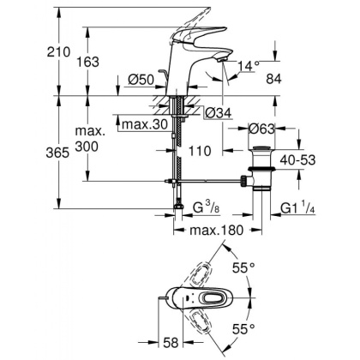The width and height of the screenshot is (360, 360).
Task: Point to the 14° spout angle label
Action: click(x=248, y=64)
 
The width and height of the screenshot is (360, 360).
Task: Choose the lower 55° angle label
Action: click(x=247, y=328)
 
